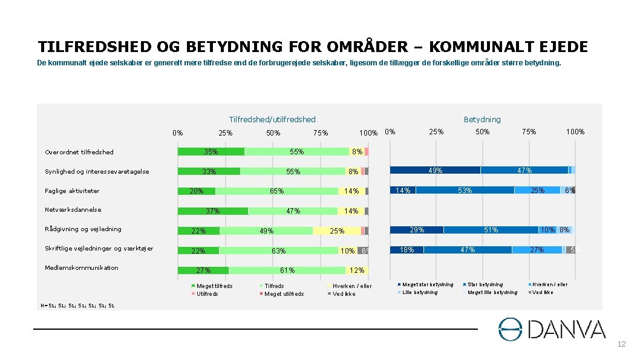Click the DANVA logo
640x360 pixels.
click(551, 329)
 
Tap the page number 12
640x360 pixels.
click(621, 344)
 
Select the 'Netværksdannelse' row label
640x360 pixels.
click(73, 210)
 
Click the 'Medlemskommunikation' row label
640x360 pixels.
click(82, 267)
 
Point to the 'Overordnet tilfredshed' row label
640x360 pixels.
click(79, 152)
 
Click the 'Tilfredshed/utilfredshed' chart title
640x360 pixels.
click(272, 119)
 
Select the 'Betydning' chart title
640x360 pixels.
click(482, 119)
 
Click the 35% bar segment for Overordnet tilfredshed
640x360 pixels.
click(211, 152)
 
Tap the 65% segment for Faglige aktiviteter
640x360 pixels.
click(276, 191)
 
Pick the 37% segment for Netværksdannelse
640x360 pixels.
click(212, 211)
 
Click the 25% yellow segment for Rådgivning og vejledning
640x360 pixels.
click(336, 231)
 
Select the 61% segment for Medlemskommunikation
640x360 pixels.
click(287, 270)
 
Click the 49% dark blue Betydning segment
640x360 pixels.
click(435, 171)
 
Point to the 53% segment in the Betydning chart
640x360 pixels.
click(465, 191)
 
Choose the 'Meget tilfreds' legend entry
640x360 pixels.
click(214, 286)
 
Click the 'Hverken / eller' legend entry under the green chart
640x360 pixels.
click(352, 286)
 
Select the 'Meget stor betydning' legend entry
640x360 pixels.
click(427, 284)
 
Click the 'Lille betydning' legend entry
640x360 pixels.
click(419, 292)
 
